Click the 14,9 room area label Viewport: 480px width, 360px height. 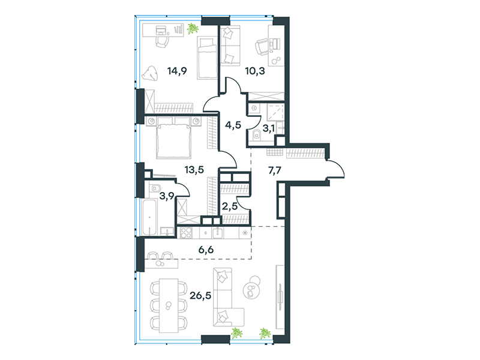tap(177, 71)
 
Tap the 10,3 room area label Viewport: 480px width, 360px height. tap(255, 71)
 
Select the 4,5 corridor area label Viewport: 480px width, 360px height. tap(233, 125)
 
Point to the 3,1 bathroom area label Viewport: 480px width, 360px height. tap(269, 128)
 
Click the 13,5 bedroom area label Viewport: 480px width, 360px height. tap(194, 169)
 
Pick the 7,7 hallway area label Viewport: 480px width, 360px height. tap(275, 170)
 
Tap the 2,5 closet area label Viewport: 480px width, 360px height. tap(230, 206)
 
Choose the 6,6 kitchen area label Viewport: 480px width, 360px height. tap(206, 250)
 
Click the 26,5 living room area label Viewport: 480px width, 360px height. tap(200, 296)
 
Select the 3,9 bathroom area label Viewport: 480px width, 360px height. tap(167, 196)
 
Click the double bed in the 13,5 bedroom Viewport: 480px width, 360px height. tap(174, 138)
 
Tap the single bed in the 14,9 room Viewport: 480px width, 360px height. tap(207, 58)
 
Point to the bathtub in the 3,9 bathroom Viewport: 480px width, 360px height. tap(150, 217)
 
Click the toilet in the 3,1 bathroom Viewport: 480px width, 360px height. tap(257, 134)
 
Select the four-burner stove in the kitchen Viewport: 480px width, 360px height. tap(186, 233)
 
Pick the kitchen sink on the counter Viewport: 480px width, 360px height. tap(218, 233)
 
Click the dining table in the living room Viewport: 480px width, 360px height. tap(169, 305)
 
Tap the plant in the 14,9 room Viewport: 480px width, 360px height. tap(193, 28)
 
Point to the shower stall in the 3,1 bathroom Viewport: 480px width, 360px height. tap(275, 112)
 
